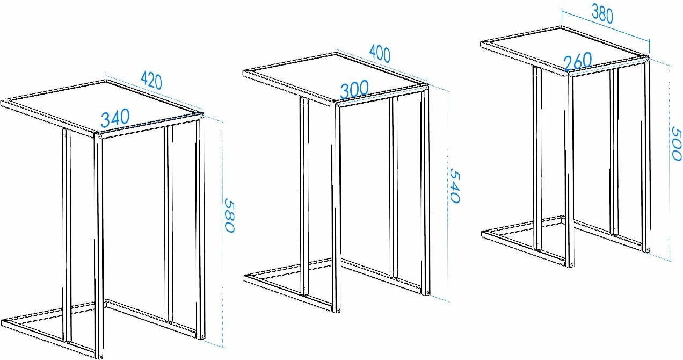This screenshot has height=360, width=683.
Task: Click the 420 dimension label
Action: coord(151,81)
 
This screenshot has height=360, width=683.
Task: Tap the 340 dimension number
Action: coord(115,118)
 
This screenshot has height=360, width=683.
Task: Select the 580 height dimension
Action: coord(229,215)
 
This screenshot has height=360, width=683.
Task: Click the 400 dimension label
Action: coord(380,53)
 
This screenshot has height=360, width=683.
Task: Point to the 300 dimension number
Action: coord(354,89)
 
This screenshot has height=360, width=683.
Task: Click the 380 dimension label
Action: coord(602,14)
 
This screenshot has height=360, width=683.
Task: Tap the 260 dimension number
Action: coord(578,61)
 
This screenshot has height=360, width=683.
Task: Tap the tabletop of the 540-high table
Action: coord(336,78)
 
